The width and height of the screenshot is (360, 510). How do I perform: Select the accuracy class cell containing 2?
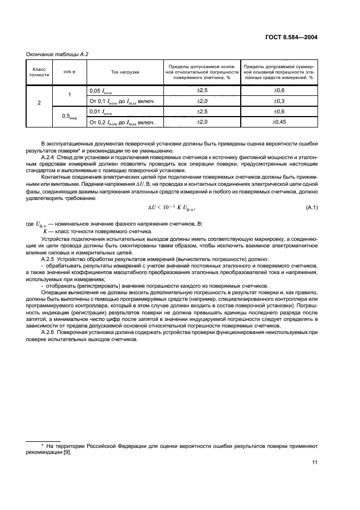click(39, 101)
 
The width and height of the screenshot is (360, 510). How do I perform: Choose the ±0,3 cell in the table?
click(279, 101)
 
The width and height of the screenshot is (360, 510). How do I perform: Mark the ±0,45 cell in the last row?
click(279, 122)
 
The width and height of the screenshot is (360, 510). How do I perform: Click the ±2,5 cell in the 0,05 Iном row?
click(202, 90)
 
